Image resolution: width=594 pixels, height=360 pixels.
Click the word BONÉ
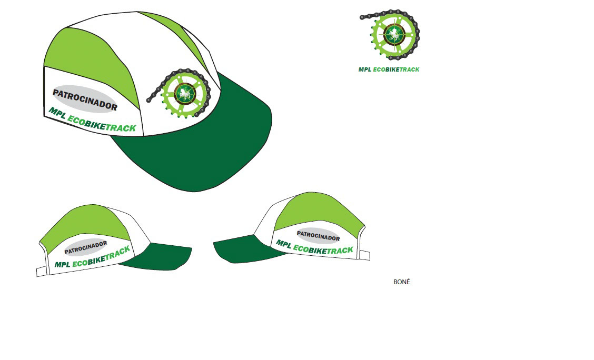click(402, 282)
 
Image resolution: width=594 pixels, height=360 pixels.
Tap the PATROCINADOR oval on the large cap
click(84, 99)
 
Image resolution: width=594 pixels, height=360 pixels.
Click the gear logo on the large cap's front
click(180, 93)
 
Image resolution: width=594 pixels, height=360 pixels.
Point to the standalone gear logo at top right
click(390, 34)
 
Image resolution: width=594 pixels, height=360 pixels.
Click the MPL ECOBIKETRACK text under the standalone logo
click(389, 69)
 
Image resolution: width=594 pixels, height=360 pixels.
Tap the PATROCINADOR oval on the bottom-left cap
click(86, 247)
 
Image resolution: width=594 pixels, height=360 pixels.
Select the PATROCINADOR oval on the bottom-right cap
click(318, 236)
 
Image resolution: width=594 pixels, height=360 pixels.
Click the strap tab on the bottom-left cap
click(42, 271)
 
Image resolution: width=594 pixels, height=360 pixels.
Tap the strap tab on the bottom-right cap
click(364, 255)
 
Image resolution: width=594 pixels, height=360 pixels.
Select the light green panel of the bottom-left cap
click(85, 223)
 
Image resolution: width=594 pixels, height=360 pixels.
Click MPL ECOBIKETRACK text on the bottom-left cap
click(93, 257)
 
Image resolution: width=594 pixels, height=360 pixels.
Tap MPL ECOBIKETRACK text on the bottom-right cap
click(314, 247)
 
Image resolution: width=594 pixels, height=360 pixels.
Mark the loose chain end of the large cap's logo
click(149, 101)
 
